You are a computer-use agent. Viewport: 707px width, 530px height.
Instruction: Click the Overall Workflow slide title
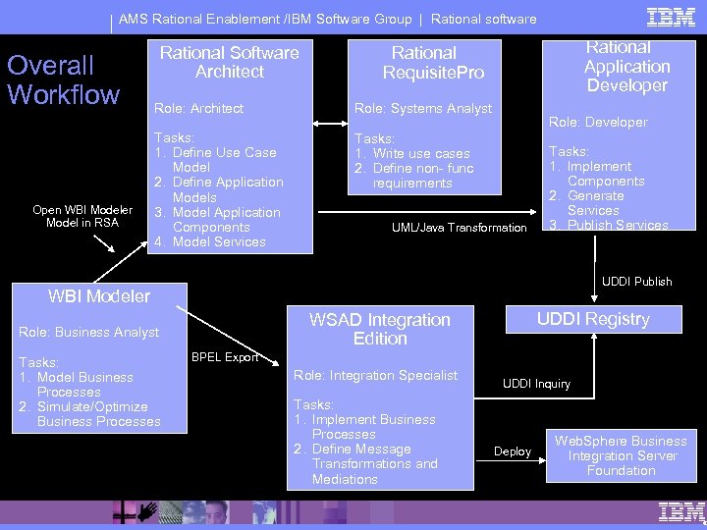tap(63, 80)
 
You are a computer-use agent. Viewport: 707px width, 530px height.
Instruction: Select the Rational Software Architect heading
tap(229, 62)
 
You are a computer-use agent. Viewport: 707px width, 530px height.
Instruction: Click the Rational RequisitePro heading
tap(424, 63)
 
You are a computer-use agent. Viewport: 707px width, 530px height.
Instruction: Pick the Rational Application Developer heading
tap(626, 66)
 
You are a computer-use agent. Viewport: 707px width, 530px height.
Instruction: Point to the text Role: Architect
tap(199, 108)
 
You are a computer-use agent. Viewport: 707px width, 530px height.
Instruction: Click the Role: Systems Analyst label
tap(423, 108)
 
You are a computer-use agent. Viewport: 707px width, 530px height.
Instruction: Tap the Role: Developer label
tap(598, 122)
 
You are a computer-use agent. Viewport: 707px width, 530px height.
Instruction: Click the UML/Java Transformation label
tap(460, 228)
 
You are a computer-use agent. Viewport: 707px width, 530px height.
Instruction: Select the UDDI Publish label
tap(637, 282)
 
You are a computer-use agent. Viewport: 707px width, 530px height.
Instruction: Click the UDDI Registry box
tap(592, 319)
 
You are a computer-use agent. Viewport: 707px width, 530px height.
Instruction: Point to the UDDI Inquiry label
tap(537, 384)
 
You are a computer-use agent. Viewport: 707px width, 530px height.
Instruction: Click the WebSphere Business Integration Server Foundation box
tap(621, 455)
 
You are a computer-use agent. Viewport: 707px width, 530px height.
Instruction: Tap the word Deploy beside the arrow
tap(513, 451)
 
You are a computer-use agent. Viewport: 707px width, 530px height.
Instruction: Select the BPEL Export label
tap(225, 357)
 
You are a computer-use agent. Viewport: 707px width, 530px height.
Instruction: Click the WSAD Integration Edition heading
tap(380, 329)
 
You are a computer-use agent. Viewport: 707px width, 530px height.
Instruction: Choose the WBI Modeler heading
tap(99, 295)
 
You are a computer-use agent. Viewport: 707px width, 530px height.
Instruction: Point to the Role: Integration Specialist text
tap(376, 375)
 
